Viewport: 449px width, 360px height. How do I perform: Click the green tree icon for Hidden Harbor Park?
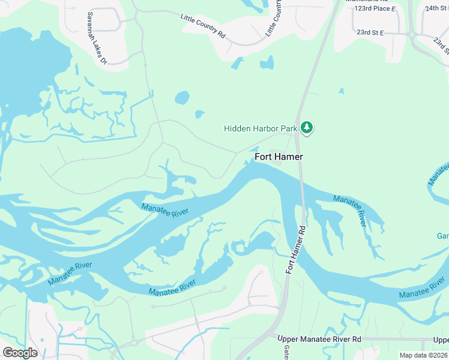[x=307, y=128]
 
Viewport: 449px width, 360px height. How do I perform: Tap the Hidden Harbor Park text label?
[x=261, y=128]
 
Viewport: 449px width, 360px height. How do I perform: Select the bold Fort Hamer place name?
[x=279, y=157]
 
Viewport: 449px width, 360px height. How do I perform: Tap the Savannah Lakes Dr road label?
[x=96, y=37]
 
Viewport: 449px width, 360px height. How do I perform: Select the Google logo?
[x=20, y=352]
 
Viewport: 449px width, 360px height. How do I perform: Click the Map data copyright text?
[x=424, y=355]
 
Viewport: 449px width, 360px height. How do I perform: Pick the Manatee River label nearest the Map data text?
[x=423, y=293]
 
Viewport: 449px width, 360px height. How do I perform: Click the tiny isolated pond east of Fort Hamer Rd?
[x=341, y=91]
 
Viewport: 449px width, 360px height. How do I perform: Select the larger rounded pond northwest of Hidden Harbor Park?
[x=182, y=97]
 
